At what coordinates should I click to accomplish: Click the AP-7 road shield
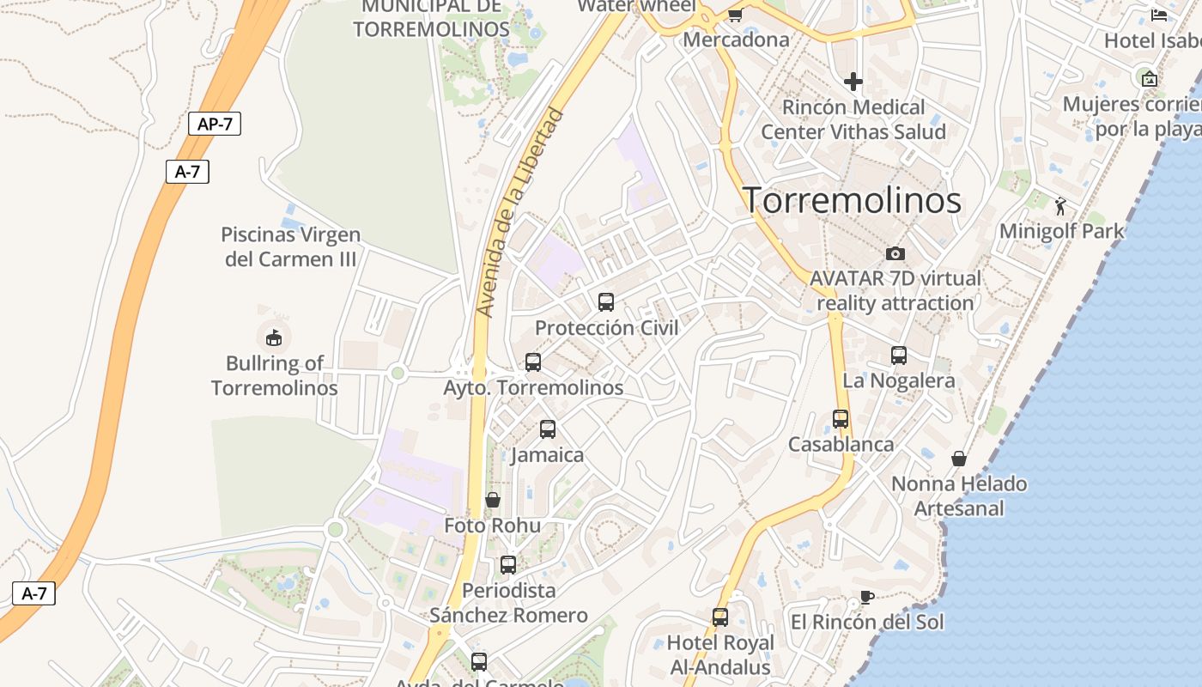coord(215,124)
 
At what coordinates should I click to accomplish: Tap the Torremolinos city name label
coord(852,200)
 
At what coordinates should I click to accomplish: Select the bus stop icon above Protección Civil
coord(606,302)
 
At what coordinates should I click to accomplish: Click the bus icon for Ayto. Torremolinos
coord(533,362)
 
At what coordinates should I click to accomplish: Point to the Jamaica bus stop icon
coord(548,429)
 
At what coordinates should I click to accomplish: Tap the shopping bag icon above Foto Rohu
coord(493,500)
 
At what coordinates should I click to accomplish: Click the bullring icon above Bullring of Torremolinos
coord(274,337)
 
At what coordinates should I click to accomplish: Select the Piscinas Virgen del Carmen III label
coord(290,246)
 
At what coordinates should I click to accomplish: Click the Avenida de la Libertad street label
coord(521,212)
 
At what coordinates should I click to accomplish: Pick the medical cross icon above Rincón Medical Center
coord(853,82)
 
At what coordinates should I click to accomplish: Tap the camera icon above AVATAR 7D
coord(895,253)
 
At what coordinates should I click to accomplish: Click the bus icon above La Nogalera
coord(899,355)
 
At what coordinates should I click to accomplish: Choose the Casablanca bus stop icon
coord(841,419)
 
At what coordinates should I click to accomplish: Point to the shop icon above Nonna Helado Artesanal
coord(959,459)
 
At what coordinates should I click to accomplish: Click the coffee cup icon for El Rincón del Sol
coord(867,597)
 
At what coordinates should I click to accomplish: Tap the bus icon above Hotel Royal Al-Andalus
coord(720,617)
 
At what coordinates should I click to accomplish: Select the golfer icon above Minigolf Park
coord(1061,206)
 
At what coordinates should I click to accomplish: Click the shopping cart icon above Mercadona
coord(735,15)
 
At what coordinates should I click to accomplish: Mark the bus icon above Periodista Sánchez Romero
coord(508,564)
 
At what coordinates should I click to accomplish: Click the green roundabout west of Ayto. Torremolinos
coord(397,373)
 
